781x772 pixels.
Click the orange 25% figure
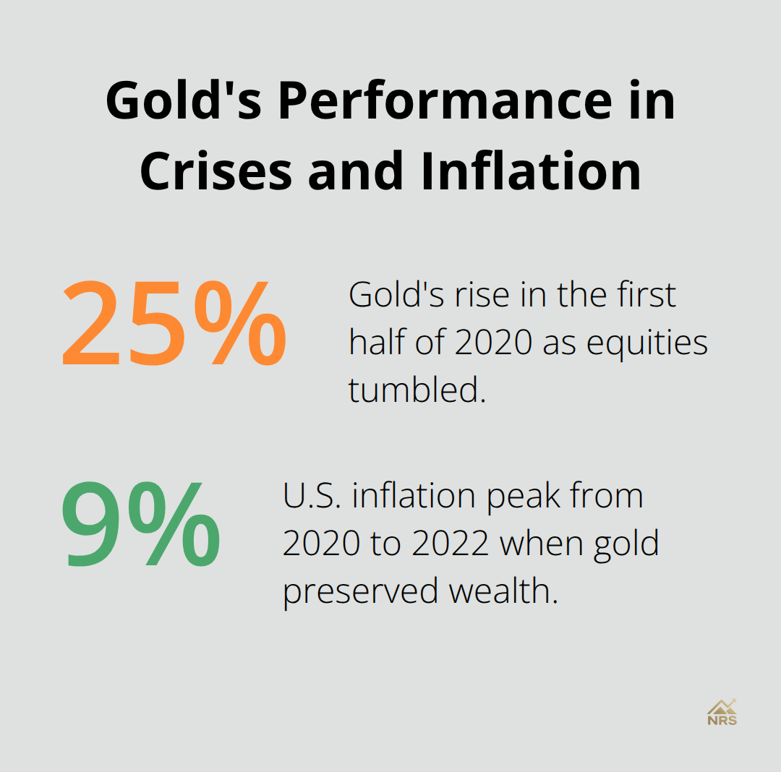pos(174,324)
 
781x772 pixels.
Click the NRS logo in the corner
pos(722,712)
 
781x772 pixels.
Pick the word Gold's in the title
pos(187,102)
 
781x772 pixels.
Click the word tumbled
pos(415,390)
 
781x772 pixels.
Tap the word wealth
pos(504,591)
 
